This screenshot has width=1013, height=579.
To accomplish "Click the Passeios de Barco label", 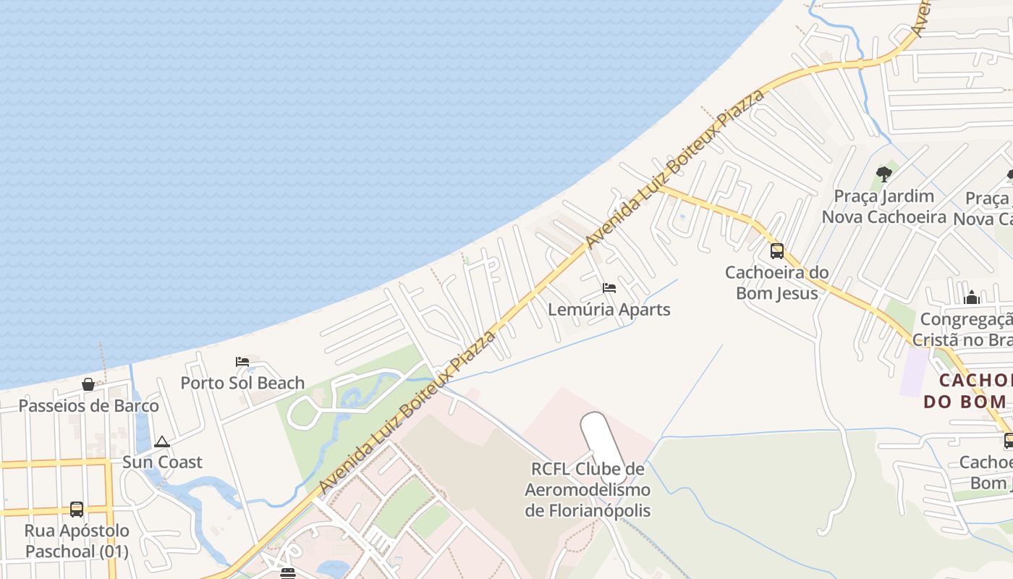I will (88, 405).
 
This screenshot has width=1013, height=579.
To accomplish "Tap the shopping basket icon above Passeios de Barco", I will (88, 384).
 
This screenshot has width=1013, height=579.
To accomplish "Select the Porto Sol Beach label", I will (242, 383).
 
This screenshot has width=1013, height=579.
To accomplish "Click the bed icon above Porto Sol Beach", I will (242, 362).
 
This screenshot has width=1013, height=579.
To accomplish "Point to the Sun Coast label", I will (162, 462).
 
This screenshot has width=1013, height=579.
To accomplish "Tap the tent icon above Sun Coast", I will (162, 441).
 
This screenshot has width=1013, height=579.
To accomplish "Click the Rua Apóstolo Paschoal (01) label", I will (77, 541).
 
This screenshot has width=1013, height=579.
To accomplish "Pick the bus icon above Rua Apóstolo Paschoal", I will (77, 510).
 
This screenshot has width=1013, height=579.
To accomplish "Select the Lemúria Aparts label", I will (609, 309).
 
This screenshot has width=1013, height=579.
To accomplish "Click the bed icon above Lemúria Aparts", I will (609, 288).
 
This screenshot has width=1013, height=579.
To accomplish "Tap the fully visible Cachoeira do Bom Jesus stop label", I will (777, 282).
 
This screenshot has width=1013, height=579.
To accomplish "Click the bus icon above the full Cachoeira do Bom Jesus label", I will (777, 251).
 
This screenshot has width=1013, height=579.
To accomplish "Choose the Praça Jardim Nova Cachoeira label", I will (883, 206).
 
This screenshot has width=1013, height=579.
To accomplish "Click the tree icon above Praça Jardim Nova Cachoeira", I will (883, 174).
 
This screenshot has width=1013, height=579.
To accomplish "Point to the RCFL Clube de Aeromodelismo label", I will (588, 489).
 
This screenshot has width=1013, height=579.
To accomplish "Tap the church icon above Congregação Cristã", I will (972, 297).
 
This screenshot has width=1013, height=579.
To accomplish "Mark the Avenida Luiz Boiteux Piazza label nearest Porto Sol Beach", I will (408, 413).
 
